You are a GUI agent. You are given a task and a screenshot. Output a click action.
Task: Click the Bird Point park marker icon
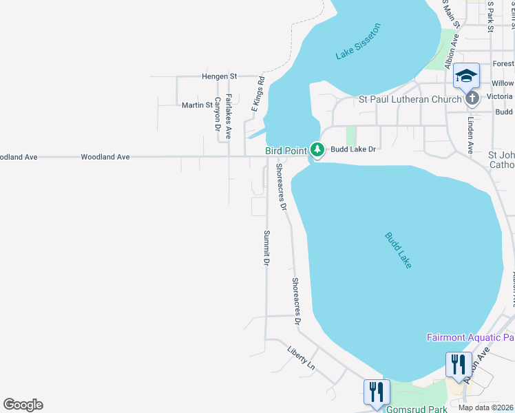(x=317, y=149)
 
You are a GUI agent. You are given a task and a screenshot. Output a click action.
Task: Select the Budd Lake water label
(x=398, y=250)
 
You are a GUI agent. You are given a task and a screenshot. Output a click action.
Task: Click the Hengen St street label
(x=219, y=76)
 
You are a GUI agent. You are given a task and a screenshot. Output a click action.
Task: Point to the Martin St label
(x=197, y=105)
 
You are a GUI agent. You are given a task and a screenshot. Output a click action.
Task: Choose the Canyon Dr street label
(x=217, y=114)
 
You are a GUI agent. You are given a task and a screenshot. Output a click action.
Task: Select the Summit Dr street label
(x=266, y=248)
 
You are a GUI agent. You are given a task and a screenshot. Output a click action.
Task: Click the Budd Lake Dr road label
(x=353, y=149)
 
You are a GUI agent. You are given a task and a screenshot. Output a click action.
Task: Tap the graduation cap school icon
(x=466, y=76)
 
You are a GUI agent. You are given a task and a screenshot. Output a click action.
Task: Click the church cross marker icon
(x=472, y=98)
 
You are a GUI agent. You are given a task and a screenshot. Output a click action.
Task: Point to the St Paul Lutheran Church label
(x=410, y=99)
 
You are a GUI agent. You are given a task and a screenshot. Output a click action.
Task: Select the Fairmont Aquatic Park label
(x=470, y=337)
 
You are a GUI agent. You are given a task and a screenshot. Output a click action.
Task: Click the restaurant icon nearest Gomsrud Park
(x=376, y=392)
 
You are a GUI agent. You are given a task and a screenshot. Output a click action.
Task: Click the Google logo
(x=23, y=405)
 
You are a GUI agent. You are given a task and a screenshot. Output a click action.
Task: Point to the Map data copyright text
(x=485, y=408)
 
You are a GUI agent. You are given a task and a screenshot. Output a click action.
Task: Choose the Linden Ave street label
(x=471, y=134)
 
